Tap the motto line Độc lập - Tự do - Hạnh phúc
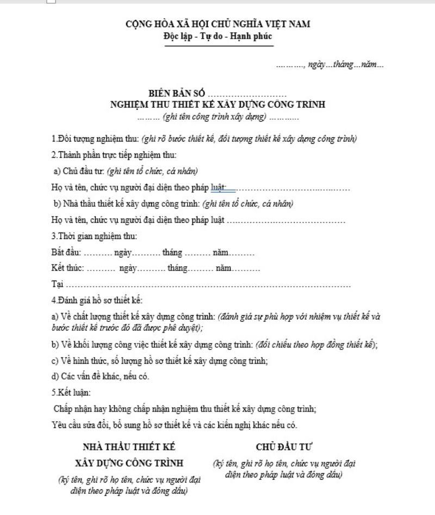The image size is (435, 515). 217,36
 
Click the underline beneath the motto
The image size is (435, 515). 217,46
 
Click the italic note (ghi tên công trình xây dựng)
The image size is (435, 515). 217,117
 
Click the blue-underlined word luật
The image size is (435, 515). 218,187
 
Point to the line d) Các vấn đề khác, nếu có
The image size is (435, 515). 100,376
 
